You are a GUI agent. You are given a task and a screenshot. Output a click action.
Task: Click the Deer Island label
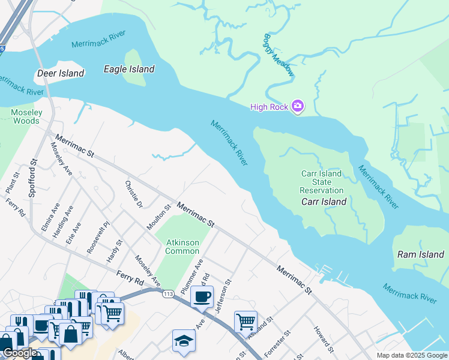tap(61, 73)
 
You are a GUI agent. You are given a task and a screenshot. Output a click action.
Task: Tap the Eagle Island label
tap(129, 69)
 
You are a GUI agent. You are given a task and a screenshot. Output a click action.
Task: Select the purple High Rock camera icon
tap(297, 107)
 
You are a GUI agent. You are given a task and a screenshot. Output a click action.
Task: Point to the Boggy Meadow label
tap(279, 55)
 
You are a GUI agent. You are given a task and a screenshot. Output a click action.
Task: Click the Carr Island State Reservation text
tap(321, 182)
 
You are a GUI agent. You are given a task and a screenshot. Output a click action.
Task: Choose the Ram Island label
tap(421, 254)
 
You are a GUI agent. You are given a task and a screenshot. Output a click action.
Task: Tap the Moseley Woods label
tap(26, 116)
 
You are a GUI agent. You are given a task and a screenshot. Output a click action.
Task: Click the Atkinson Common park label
tap(182, 247)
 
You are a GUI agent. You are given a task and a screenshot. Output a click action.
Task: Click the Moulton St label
tap(159, 217)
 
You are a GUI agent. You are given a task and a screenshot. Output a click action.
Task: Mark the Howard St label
tap(322, 339)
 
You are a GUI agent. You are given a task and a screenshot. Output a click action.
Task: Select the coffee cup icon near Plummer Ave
tap(202, 296)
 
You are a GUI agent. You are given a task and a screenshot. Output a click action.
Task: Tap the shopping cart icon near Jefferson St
tap(246, 322)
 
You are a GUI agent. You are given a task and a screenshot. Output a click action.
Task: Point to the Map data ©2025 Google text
tap(411, 355)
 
